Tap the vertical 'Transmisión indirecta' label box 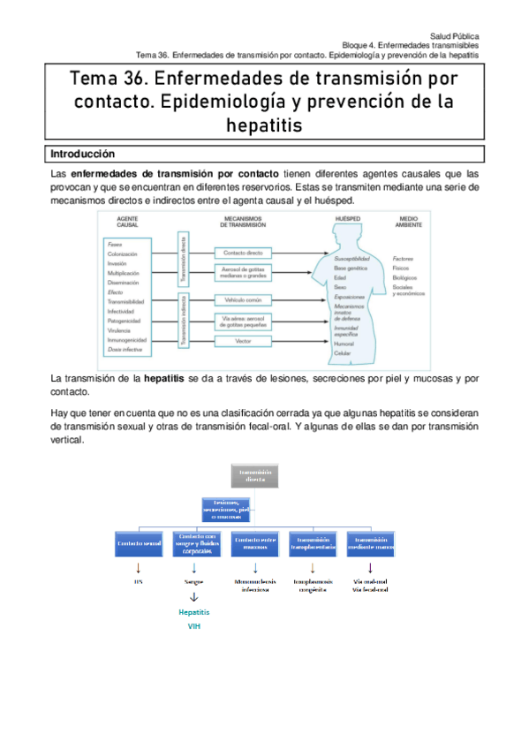pos(183,320)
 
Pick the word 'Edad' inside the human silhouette pos(340,276)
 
